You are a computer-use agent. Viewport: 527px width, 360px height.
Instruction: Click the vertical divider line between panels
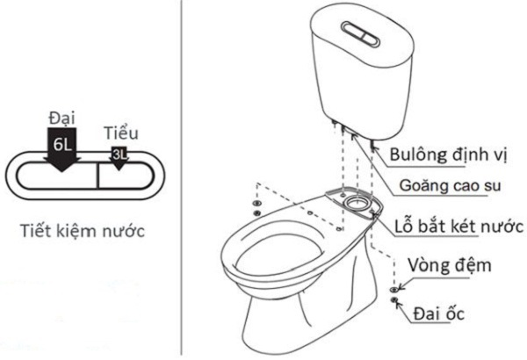pyautogui.click(x=181, y=176)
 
